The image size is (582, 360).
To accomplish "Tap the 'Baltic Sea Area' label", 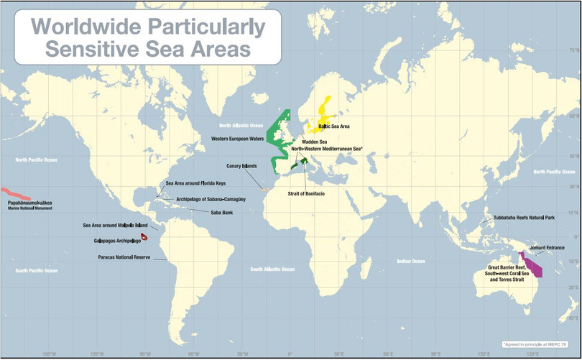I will (334, 126).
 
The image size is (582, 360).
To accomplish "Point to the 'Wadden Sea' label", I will (314, 142).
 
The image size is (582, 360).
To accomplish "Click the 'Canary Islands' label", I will (241, 166).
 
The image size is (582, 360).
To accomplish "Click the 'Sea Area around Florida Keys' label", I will (196, 183).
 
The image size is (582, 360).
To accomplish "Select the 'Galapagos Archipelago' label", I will (116, 240).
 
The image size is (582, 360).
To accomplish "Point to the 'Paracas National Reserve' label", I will (124, 257).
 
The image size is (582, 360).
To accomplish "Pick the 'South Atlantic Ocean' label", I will (270, 269).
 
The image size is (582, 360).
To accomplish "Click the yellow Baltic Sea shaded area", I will (323, 119).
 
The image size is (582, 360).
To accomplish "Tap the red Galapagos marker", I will (144, 236).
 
